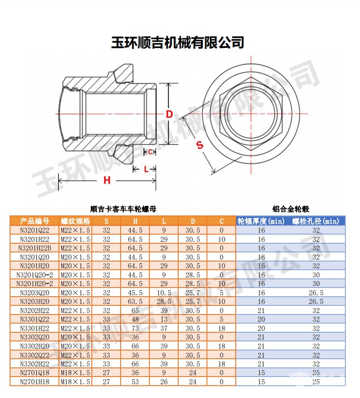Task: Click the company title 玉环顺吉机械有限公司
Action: [x=178, y=42]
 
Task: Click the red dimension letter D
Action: [x=169, y=114]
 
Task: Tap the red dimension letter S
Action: [x=200, y=145]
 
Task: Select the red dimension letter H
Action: [x=107, y=180]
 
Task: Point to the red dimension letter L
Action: [x=146, y=169]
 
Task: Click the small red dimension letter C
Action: [x=149, y=152]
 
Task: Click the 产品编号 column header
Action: [x=34, y=221]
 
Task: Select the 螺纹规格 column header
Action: [x=75, y=221]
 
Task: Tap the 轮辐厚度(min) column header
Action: [x=261, y=221]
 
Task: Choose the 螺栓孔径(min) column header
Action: [x=316, y=221]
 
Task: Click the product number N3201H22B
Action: [x=34, y=248]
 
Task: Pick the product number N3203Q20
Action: [x=34, y=293]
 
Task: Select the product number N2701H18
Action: [x=34, y=382]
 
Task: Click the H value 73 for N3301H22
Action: [x=135, y=328]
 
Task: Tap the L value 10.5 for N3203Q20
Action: [x=164, y=293]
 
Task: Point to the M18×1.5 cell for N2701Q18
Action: [x=75, y=373]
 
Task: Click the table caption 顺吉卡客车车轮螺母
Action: [x=123, y=209]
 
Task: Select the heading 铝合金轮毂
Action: [x=291, y=209]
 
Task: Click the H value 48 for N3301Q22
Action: [x=135, y=319]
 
